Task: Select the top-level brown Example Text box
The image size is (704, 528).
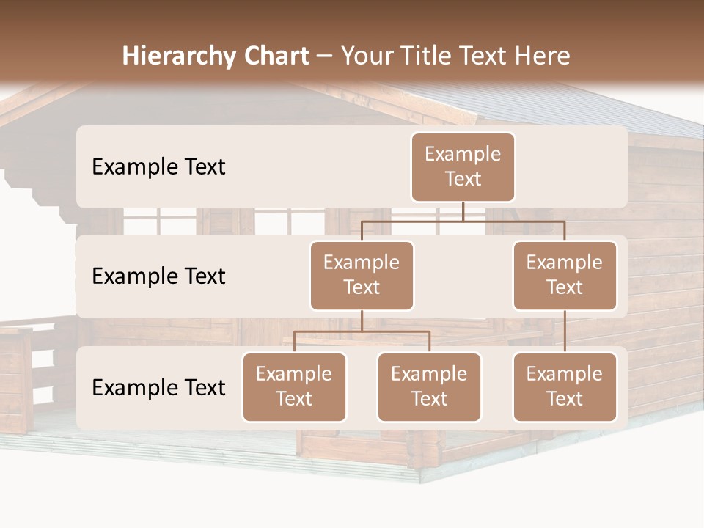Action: pos(463,166)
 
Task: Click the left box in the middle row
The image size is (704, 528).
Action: pos(362,275)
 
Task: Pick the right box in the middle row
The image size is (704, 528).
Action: pos(565,275)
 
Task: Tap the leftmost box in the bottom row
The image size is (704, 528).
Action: pos(294,386)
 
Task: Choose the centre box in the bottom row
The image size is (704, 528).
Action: pos(429,386)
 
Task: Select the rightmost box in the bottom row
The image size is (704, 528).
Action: pos(565,386)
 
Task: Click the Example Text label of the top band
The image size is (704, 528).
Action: pos(158,167)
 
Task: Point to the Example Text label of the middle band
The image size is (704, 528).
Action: pos(158,276)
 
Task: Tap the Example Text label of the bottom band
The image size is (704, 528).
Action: pos(158,387)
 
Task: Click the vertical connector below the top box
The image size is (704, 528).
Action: pos(463,211)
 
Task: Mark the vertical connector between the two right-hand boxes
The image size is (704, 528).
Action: pos(565,331)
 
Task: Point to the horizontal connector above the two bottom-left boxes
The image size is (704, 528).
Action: pos(362,332)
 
